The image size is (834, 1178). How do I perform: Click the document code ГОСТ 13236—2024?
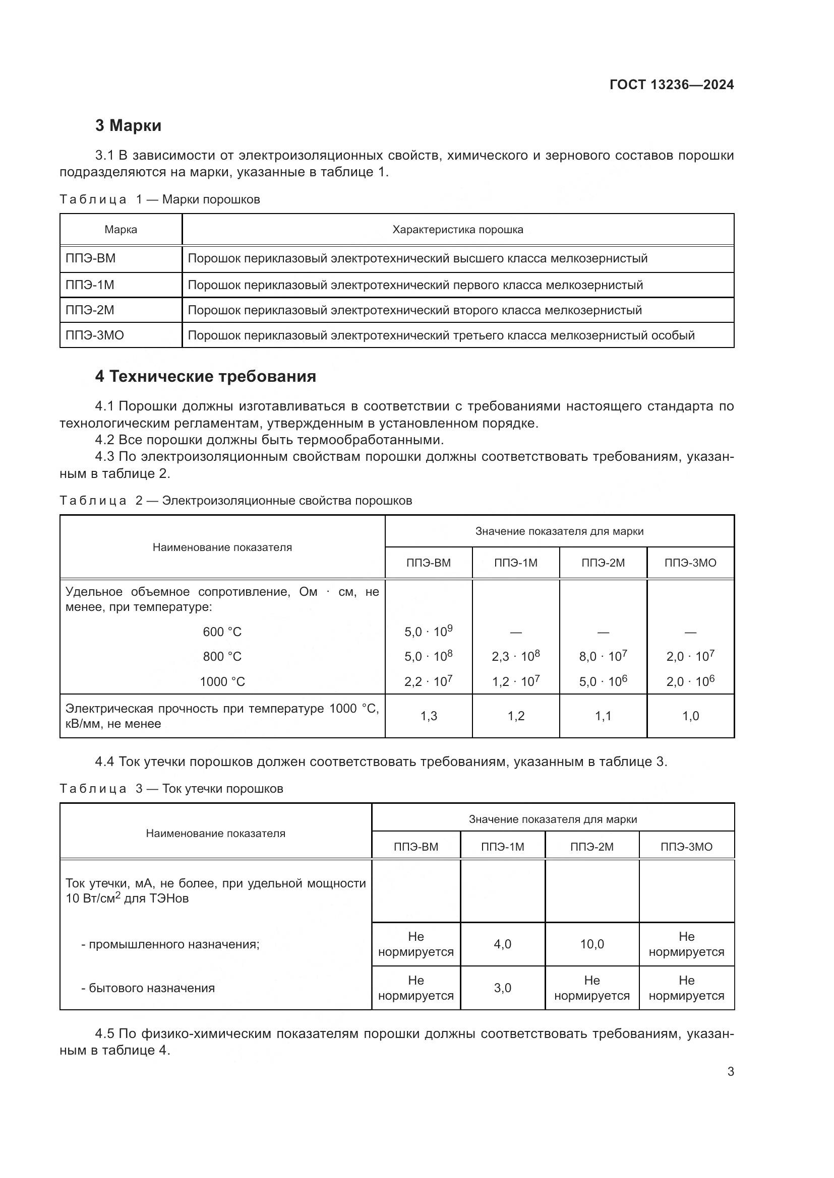pyautogui.click(x=671, y=85)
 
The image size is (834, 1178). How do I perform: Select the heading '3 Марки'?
pyautogui.click(x=128, y=126)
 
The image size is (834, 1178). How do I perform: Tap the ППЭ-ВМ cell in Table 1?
pyautogui.click(x=90, y=258)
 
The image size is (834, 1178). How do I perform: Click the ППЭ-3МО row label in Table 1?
pyautogui.click(x=94, y=335)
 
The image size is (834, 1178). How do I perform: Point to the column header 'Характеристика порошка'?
pyautogui.click(x=457, y=230)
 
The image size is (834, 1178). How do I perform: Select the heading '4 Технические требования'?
pyautogui.click(x=205, y=377)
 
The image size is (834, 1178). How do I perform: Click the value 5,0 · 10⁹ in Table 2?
pyautogui.click(x=428, y=632)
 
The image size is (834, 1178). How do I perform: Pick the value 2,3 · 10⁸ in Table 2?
pyautogui.click(x=516, y=656)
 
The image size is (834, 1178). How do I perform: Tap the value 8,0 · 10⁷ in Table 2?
pyautogui.click(x=603, y=656)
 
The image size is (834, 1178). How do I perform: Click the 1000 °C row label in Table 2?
pyautogui.click(x=222, y=682)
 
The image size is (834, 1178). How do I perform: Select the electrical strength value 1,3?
pyautogui.click(x=428, y=716)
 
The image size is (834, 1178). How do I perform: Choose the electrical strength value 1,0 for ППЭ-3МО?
pyautogui.click(x=690, y=716)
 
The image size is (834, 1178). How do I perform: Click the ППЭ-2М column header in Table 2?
pyautogui.click(x=603, y=563)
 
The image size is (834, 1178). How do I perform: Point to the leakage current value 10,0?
pyautogui.click(x=591, y=944)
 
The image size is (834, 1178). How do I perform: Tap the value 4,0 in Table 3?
pyautogui.click(x=502, y=944)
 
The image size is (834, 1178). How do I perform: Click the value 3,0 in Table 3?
pyautogui.click(x=502, y=988)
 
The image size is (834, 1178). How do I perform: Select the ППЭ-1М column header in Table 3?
pyautogui.click(x=502, y=847)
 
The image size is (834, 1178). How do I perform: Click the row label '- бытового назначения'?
pyautogui.click(x=148, y=988)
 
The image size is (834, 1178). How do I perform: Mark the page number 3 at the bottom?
pyautogui.click(x=730, y=1072)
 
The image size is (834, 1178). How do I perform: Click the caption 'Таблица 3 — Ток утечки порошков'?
pyautogui.click(x=171, y=789)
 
